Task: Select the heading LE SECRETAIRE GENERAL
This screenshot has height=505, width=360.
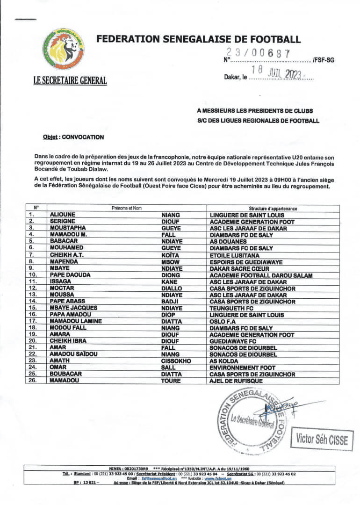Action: coord(70,80)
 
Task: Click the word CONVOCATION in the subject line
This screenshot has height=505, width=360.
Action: coord(83,137)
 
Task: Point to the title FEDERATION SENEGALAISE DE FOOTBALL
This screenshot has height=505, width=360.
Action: coord(199,39)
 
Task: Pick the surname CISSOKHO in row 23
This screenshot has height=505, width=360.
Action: coord(176,361)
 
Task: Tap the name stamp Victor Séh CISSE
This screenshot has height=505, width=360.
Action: coord(322,440)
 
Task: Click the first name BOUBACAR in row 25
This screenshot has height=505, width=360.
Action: coord(66,375)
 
